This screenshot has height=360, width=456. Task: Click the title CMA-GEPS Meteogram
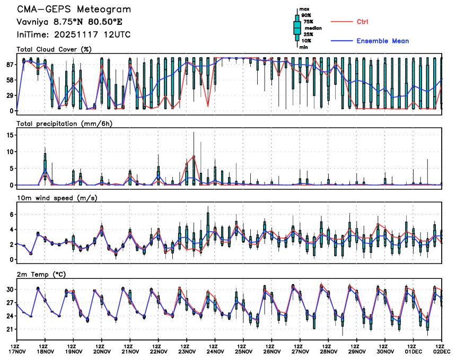point(74,10)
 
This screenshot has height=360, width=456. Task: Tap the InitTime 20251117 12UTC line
point(74,34)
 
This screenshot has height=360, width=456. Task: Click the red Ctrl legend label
point(363,22)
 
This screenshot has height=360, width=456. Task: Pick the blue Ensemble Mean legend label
point(382,41)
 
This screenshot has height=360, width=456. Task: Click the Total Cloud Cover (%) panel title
point(54,49)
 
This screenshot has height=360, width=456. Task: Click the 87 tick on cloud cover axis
point(9,64)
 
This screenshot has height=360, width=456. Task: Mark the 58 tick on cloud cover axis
point(9,80)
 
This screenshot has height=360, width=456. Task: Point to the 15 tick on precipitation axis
point(9,135)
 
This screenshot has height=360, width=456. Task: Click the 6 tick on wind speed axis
point(11,214)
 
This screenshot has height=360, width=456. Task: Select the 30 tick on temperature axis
point(9,289)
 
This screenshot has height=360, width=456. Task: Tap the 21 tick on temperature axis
point(9,329)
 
